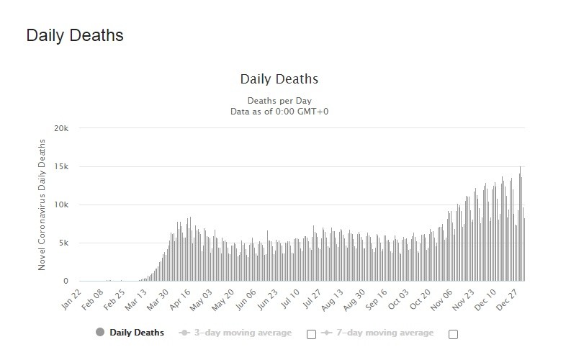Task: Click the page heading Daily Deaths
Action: [x=75, y=35]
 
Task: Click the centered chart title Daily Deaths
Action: [x=278, y=78]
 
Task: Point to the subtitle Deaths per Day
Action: [x=278, y=100]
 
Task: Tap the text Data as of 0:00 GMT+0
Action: [x=278, y=111]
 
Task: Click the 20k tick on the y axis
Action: [x=60, y=129]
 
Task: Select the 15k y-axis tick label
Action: [x=60, y=167]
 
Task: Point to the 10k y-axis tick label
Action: [x=60, y=205]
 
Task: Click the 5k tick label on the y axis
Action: [x=63, y=243]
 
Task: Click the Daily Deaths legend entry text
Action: [x=137, y=333]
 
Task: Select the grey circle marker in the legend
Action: [x=99, y=333]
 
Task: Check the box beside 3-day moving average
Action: [x=311, y=334]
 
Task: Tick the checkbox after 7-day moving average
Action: [x=453, y=334]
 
